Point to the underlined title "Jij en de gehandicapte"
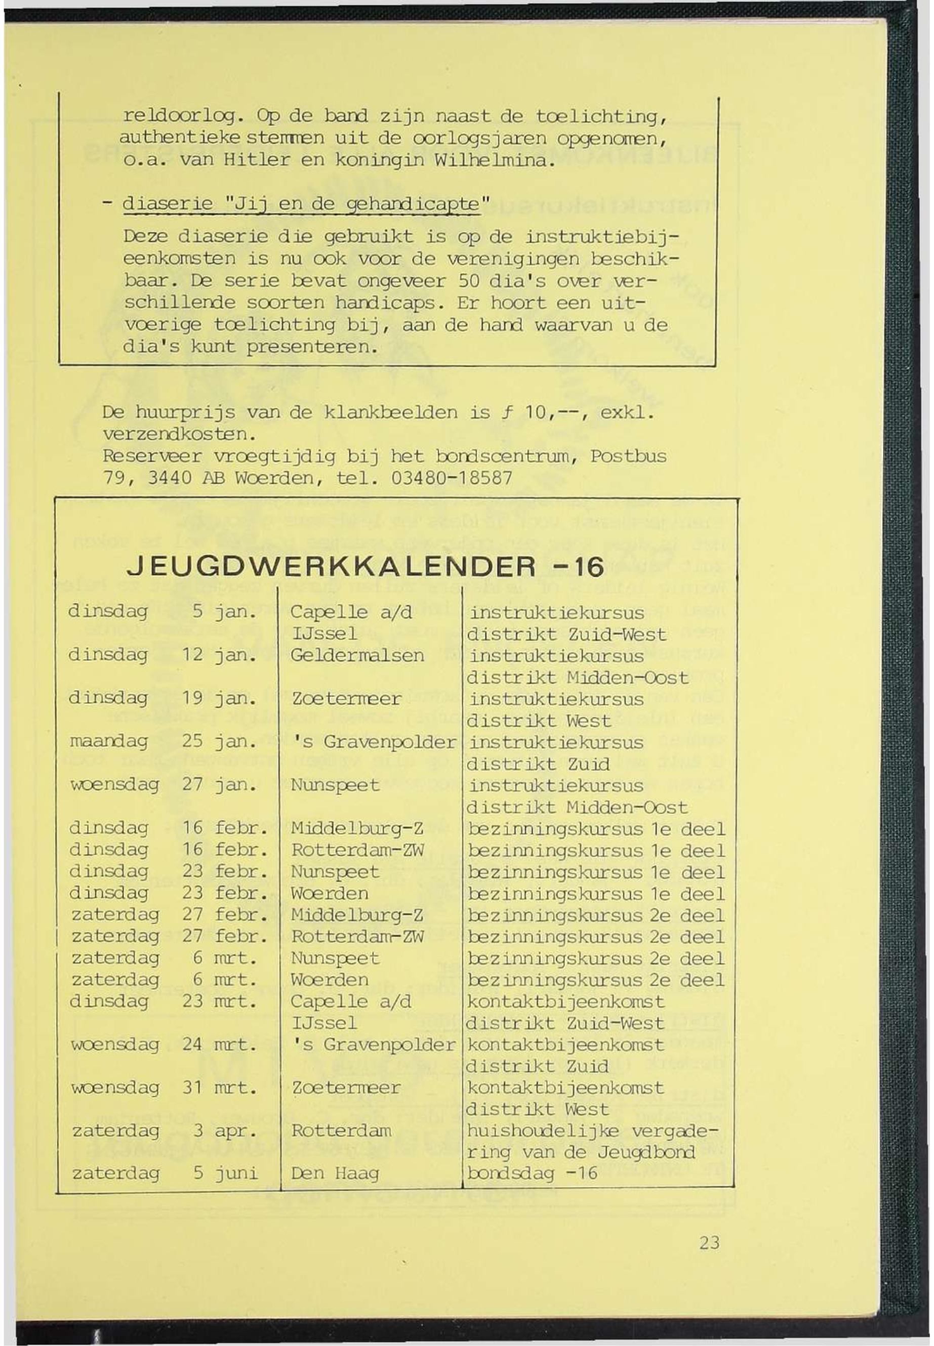click(301, 205)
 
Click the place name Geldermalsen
click(357, 655)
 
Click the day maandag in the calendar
click(109, 742)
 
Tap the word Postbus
click(628, 456)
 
